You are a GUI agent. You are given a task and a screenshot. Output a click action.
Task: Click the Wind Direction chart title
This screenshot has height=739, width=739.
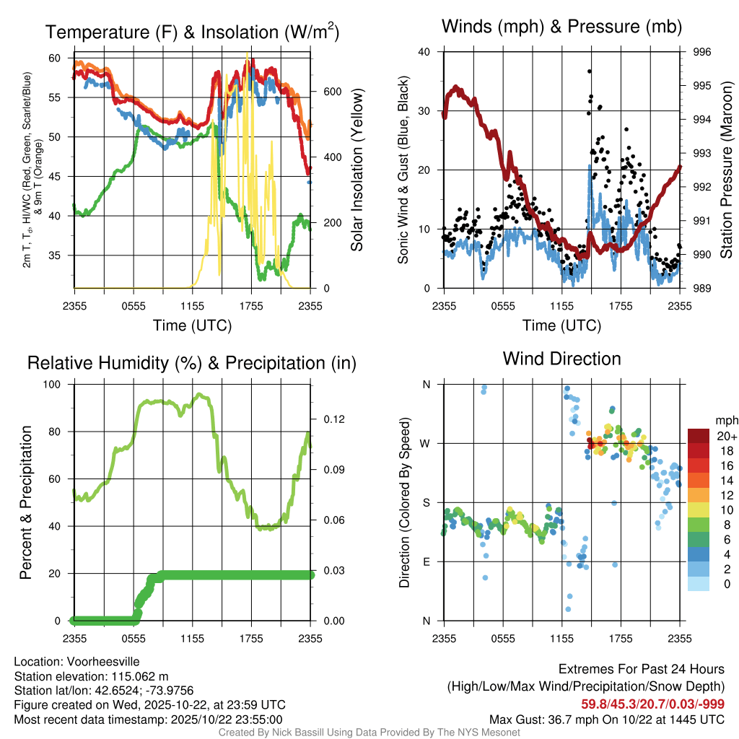(561, 359)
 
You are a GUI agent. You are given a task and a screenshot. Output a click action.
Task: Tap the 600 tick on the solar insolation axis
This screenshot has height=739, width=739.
(331, 92)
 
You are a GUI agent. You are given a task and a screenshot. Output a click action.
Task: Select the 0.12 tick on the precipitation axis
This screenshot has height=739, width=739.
(333, 419)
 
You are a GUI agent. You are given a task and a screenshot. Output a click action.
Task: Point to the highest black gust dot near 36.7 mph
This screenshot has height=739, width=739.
(590, 71)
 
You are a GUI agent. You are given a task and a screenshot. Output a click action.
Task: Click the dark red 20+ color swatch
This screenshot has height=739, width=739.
(699, 436)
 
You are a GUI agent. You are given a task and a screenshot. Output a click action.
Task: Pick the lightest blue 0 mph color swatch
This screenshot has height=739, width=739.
(699, 585)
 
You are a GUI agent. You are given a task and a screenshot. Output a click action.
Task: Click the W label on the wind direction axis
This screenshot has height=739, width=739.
(426, 443)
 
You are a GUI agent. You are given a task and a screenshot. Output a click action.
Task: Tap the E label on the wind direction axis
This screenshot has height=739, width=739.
(426, 561)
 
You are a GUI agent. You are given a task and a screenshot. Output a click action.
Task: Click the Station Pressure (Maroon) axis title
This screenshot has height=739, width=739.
(726, 170)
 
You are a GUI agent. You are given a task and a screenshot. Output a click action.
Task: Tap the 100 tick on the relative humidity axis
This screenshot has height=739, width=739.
(56, 385)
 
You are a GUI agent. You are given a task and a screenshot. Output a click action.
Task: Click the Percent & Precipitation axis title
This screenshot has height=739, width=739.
(26, 502)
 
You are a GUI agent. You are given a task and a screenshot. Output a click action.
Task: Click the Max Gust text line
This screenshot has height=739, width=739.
(606, 719)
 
